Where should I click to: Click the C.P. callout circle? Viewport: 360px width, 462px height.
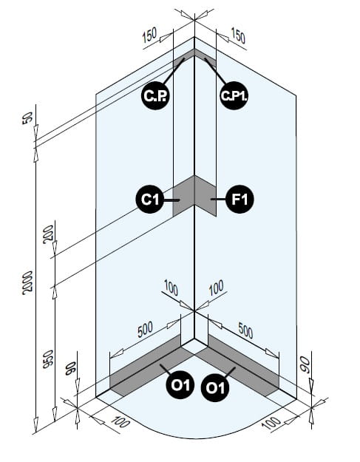(155, 95)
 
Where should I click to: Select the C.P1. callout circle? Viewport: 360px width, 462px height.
(234, 95)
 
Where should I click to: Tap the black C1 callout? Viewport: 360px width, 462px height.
(150, 200)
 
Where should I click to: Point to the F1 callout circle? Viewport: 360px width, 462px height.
(240, 200)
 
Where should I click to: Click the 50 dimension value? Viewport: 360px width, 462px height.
(28, 118)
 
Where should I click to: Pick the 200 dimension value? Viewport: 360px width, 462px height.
(49, 234)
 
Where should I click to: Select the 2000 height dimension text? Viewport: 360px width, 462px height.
(28, 283)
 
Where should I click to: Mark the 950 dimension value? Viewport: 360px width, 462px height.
(48, 359)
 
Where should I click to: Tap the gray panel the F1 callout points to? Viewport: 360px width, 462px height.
(206, 196)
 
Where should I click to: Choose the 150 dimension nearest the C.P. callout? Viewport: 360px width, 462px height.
(149, 35)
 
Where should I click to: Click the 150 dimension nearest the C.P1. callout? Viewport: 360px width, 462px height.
(238, 35)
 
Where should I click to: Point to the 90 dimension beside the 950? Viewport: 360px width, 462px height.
(71, 369)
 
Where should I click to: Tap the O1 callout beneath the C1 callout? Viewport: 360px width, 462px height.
(180, 385)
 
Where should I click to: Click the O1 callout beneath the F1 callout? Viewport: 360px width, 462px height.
(215, 387)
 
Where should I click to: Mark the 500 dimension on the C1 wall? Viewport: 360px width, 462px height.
(145, 329)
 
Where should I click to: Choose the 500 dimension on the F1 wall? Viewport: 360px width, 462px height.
(245, 330)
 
